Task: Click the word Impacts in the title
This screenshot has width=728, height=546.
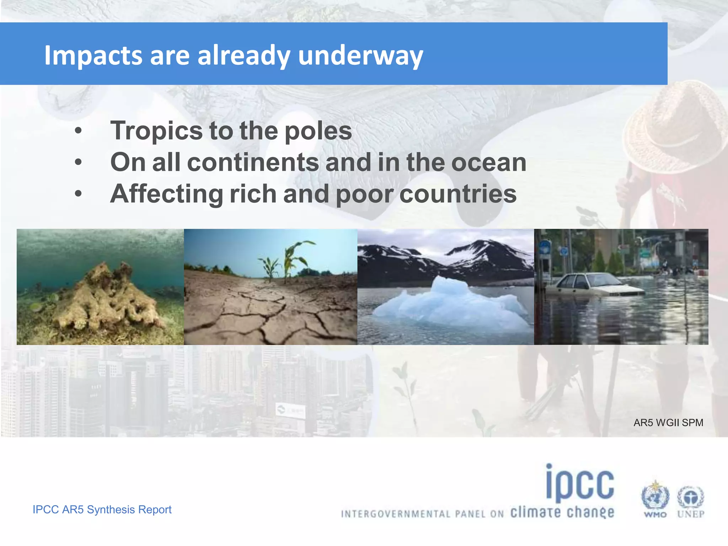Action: tap(93, 56)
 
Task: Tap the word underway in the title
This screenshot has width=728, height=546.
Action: tap(360, 56)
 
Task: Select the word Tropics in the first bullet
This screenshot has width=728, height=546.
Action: tap(156, 131)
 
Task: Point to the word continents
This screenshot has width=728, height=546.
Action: tap(253, 162)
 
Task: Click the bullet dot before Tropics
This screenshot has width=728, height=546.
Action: tap(79, 131)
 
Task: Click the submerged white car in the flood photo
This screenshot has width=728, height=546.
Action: tap(597, 284)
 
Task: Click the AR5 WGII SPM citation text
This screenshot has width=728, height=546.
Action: tap(668, 423)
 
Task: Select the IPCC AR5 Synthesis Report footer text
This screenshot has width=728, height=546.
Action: tap(102, 509)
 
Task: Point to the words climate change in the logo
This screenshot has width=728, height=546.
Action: tap(562, 513)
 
